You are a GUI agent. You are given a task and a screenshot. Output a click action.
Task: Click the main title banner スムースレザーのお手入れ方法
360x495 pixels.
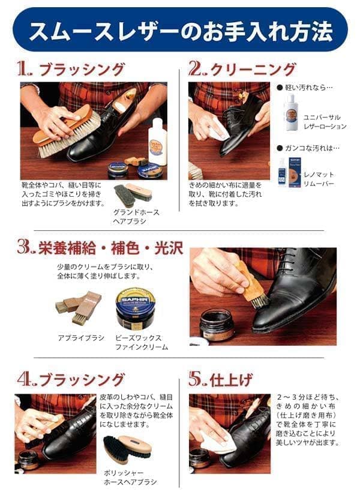pos(180,29)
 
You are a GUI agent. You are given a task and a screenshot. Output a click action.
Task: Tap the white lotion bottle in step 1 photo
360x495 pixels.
pos(157,143)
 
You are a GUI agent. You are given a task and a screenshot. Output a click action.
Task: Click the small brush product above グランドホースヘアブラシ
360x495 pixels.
pos(133,194)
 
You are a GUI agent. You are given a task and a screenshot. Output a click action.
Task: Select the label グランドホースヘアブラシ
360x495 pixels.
pos(133,217)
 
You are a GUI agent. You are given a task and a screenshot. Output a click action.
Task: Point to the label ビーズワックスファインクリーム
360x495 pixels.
pos(142,343)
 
